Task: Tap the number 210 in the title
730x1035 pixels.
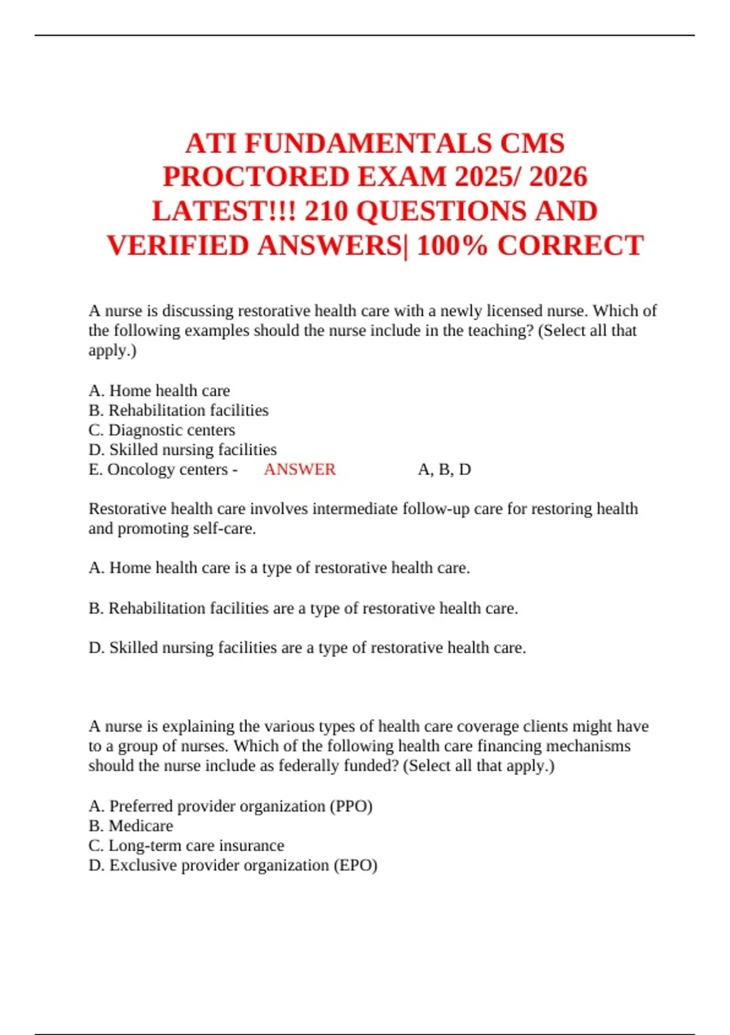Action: tap(326, 211)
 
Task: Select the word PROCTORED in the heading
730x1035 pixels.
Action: tap(256, 177)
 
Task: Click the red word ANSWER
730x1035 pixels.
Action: tap(299, 469)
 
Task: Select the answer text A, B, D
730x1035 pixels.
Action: tap(444, 469)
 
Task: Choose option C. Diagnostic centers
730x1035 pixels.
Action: tap(162, 430)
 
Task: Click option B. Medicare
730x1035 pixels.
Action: tap(131, 826)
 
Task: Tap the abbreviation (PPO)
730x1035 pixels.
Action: tap(350, 806)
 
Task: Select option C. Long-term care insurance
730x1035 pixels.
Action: tap(186, 846)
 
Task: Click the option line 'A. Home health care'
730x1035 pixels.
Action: tap(159, 390)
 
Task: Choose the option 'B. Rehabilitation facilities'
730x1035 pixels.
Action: tap(178, 410)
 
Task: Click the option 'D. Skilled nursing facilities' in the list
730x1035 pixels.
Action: tap(182, 450)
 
